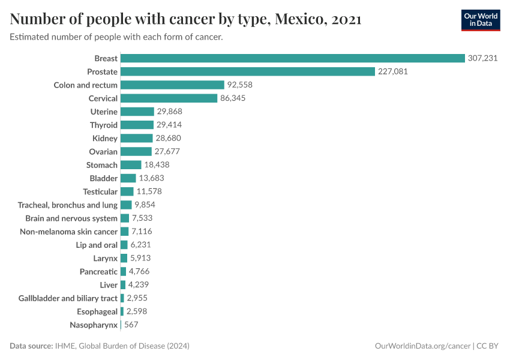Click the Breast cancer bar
(293, 58)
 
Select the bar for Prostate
(248, 71)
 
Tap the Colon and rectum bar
(172, 85)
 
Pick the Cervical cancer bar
(169, 98)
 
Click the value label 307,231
(483, 58)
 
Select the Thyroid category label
(104, 125)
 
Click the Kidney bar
(137, 139)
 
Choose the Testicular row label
(100, 191)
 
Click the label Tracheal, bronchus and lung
(68, 205)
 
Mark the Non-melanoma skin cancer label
(68, 232)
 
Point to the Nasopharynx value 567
(131, 325)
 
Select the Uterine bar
(137, 112)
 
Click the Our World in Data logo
(480, 20)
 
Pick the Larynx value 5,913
(140, 258)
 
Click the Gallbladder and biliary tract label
(68, 298)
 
